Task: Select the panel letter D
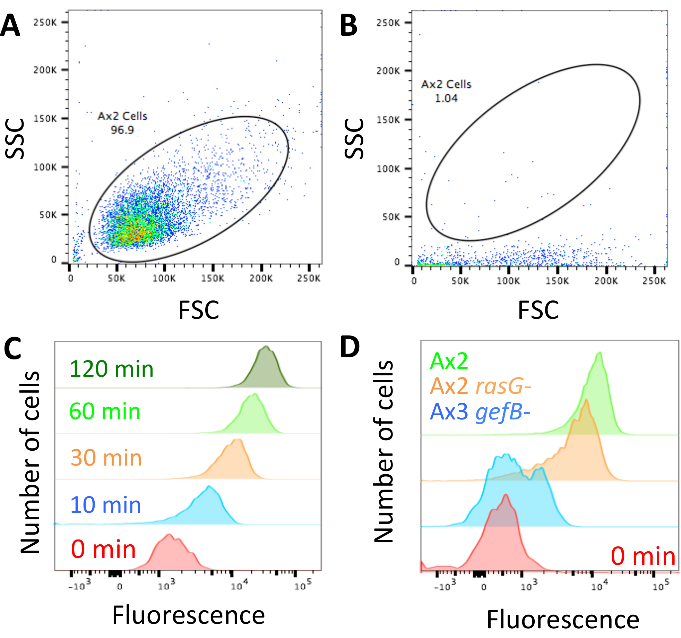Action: pyautogui.click(x=350, y=347)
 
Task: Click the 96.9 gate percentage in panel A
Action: pyautogui.click(x=122, y=130)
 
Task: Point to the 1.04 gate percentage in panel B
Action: pyautogui.click(x=446, y=99)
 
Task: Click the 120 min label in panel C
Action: pyautogui.click(x=111, y=369)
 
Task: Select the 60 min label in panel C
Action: pyautogui.click(x=105, y=412)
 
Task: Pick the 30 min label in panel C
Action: pyautogui.click(x=106, y=458)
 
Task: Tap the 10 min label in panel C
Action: pyautogui.click(x=105, y=505)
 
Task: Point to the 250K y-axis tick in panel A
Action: pyautogui.click(x=45, y=23)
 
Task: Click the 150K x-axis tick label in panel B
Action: pyautogui.click(x=557, y=281)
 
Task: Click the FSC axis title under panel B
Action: pyautogui.click(x=538, y=310)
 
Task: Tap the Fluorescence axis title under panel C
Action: pyautogui.click(x=189, y=615)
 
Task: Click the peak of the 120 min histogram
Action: pyautogui.click(x=266, y=346)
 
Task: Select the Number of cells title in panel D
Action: pyautogui.click(x=384, y=451)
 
